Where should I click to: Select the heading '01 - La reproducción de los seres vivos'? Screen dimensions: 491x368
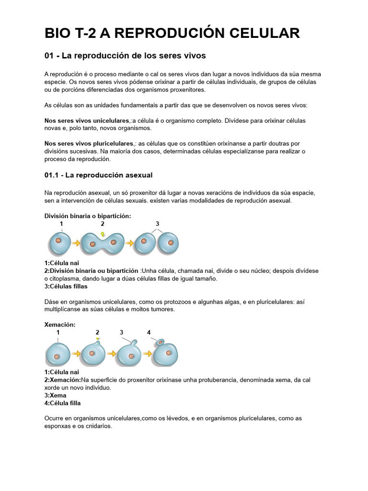tap(125, 56)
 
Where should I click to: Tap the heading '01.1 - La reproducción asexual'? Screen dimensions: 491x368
tap(98, 175)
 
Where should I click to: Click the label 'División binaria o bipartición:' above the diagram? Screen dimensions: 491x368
tap(87, 216)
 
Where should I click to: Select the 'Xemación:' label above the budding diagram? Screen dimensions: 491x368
tap(60, 325)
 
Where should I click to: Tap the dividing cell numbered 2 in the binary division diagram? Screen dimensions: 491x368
tap(103, 243)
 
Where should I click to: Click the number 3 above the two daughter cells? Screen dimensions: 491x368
tap(158, 224)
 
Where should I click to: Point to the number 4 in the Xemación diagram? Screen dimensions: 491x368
tap(149, 332)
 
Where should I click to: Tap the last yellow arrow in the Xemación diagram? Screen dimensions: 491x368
tap(149, 354)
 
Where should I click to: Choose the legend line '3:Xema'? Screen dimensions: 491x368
tap(55, 396)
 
